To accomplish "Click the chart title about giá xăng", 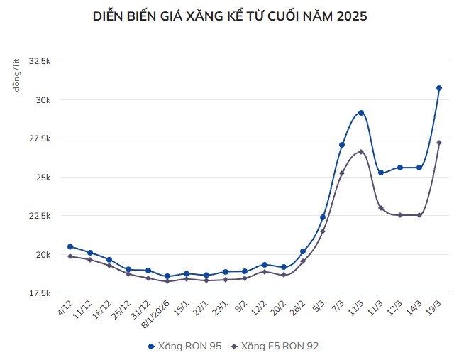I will point(230,16).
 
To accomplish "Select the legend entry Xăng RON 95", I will point(184,346).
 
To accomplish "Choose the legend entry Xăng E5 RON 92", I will point(277,346).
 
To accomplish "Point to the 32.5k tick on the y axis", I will point(40,61).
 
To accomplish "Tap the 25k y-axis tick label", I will point(43,177).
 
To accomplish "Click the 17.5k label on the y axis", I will point(40,293).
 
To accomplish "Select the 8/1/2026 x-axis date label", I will point(157,315).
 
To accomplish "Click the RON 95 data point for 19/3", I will point(439,88).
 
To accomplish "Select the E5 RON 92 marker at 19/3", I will point(439,143).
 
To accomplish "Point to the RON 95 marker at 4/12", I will point(70,246).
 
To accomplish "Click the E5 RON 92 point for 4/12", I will point(70,256).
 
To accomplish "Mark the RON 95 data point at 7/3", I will point(342,145).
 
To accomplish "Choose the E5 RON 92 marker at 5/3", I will point(323,231).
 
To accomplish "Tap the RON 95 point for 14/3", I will point(419,168).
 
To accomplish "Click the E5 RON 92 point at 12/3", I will point(400,215).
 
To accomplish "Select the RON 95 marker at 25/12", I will point(128,270).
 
